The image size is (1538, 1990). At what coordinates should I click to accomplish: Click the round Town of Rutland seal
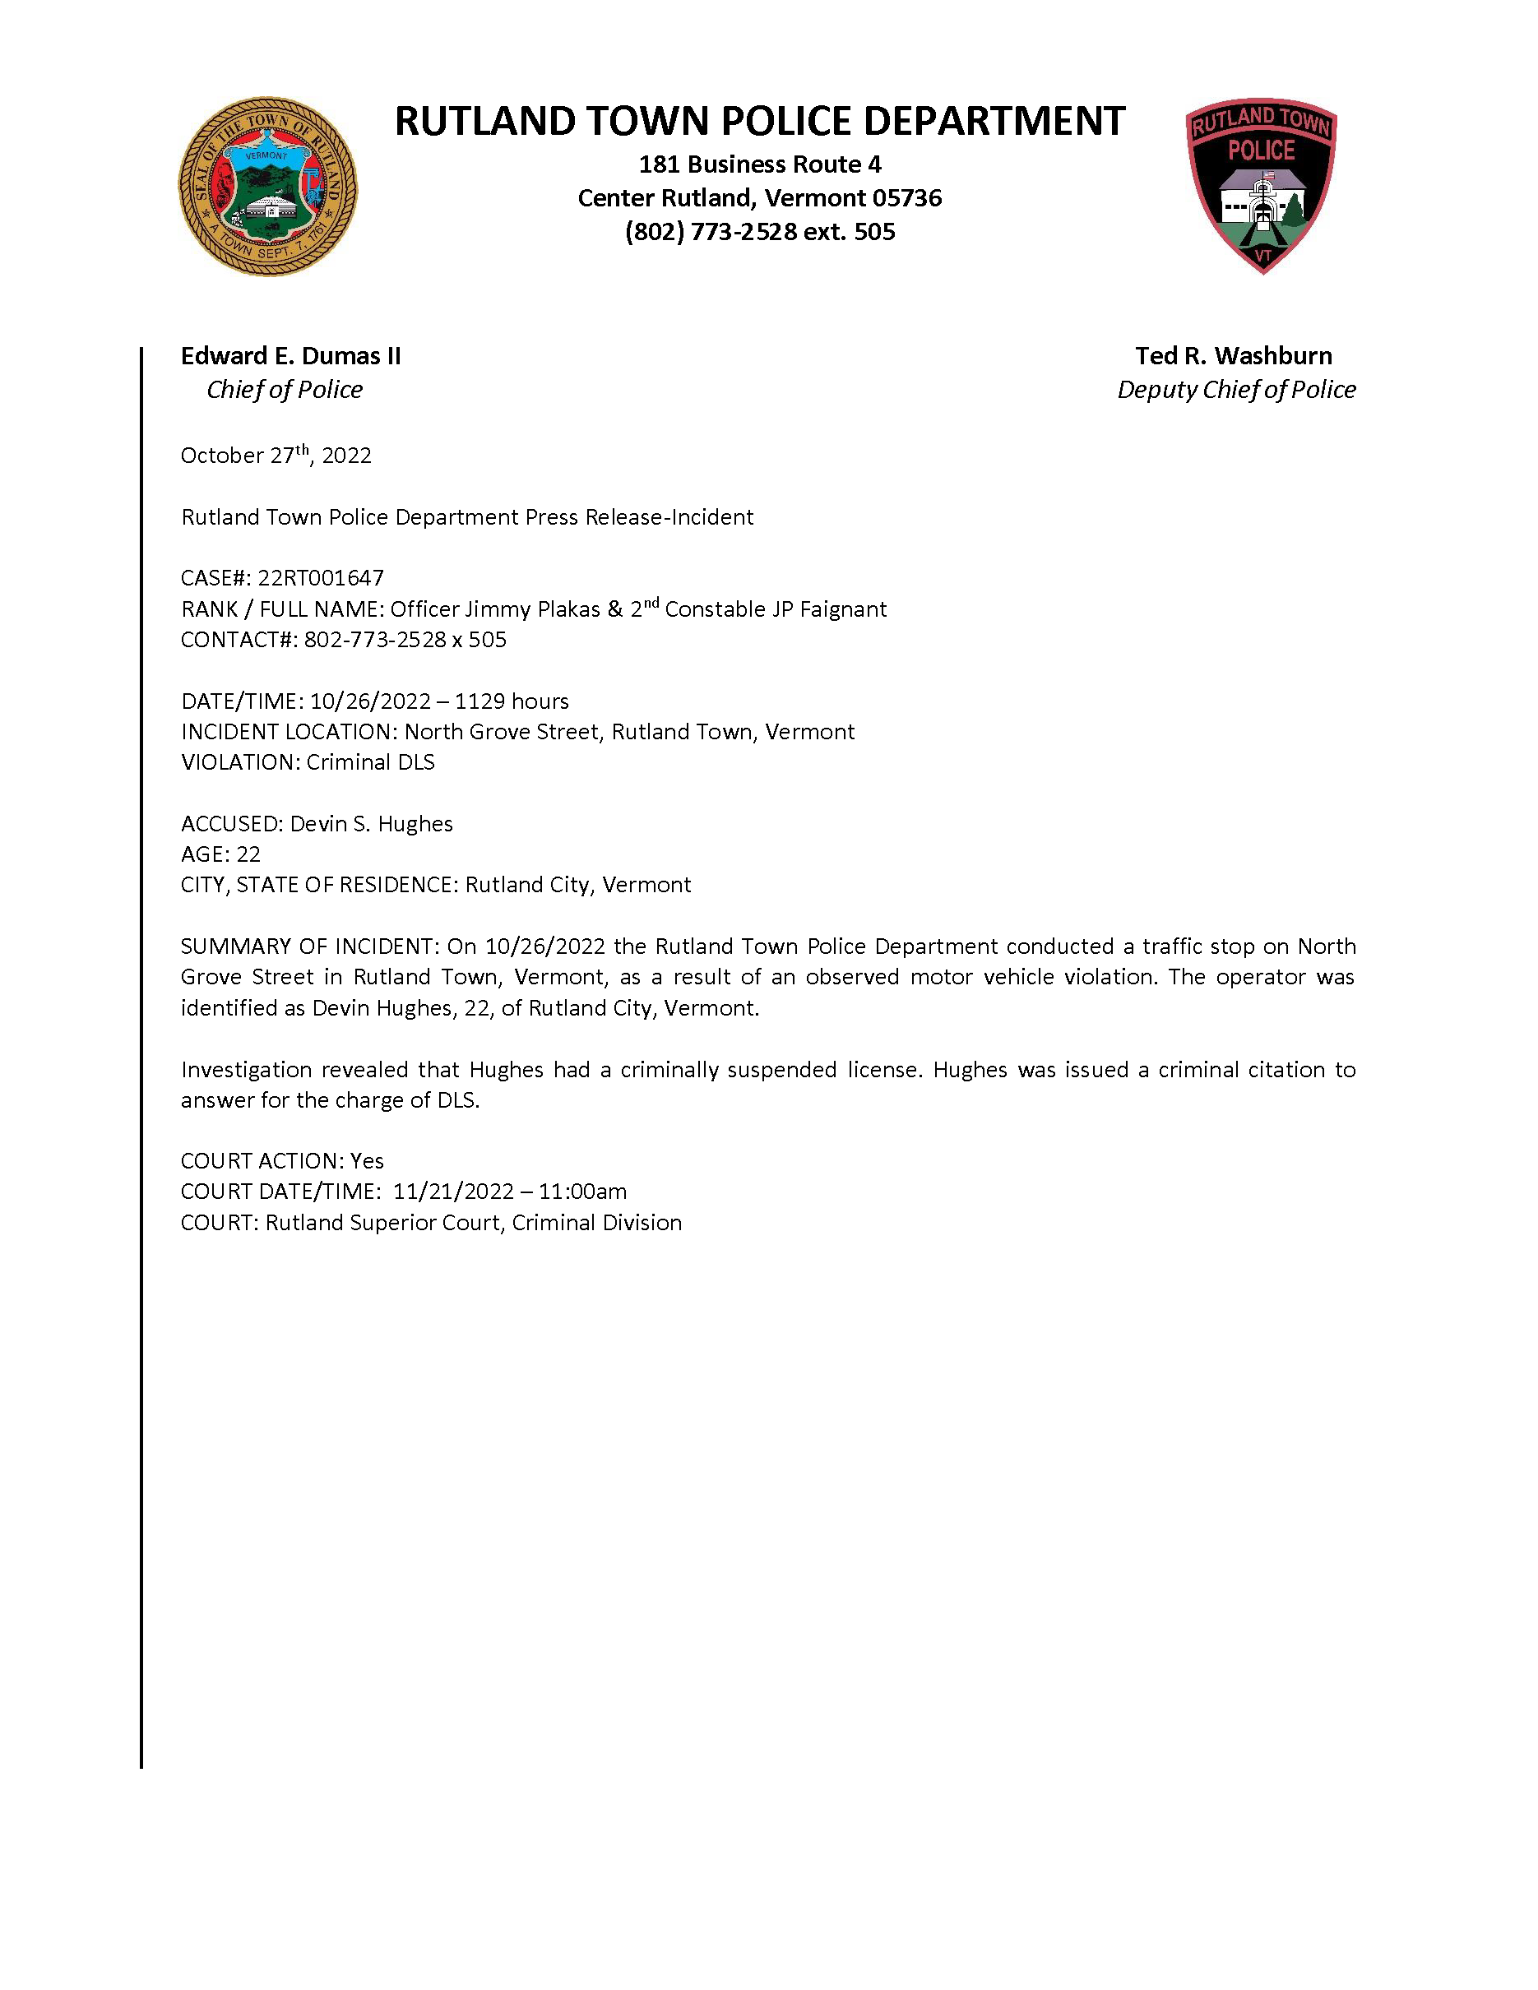tap(267, 187)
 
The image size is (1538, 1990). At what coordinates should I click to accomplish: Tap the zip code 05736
tap(906, 197)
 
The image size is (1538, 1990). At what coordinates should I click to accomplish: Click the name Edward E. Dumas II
tap(290, 355)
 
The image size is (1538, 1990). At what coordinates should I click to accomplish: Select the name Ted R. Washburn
tap(1233, 355)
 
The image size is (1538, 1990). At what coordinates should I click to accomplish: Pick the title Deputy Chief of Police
tap(1235, 390)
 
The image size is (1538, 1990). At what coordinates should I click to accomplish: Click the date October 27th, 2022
tap(276, 455)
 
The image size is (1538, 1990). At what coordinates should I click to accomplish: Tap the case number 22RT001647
tap(321, 578)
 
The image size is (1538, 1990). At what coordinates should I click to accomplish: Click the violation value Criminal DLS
tap(371, 761)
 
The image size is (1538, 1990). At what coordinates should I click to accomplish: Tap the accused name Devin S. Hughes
tap(371, 824)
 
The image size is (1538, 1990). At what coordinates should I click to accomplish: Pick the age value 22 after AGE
tap(248, 854)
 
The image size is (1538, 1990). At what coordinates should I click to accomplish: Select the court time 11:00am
tap(582, 1191)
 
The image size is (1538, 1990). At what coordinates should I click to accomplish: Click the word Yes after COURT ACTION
tap(367, 1161)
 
